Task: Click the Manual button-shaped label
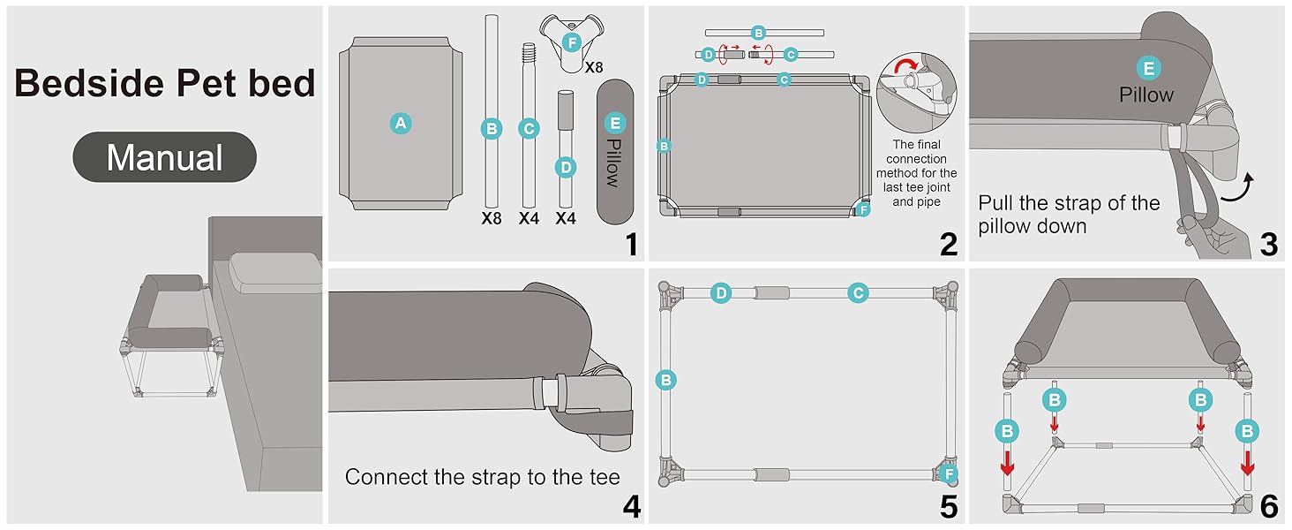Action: click(164, 158)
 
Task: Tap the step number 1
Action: click(630, 243)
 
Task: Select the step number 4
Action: click(630, 505)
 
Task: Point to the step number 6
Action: click(1268, 505)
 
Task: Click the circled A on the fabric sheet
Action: click(401, 124)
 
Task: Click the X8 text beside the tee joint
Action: click(594, 66)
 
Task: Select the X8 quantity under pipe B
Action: click(492, 217)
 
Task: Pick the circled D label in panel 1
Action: click(566, 166)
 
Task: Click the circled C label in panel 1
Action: click(529, 129)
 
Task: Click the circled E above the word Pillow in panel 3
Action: click(1147, 68)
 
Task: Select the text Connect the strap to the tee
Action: click(482, 477)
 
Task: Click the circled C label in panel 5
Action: click(858, 293)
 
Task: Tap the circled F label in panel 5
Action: click(949, 474)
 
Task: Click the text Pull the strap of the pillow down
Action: click(1068, 215)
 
